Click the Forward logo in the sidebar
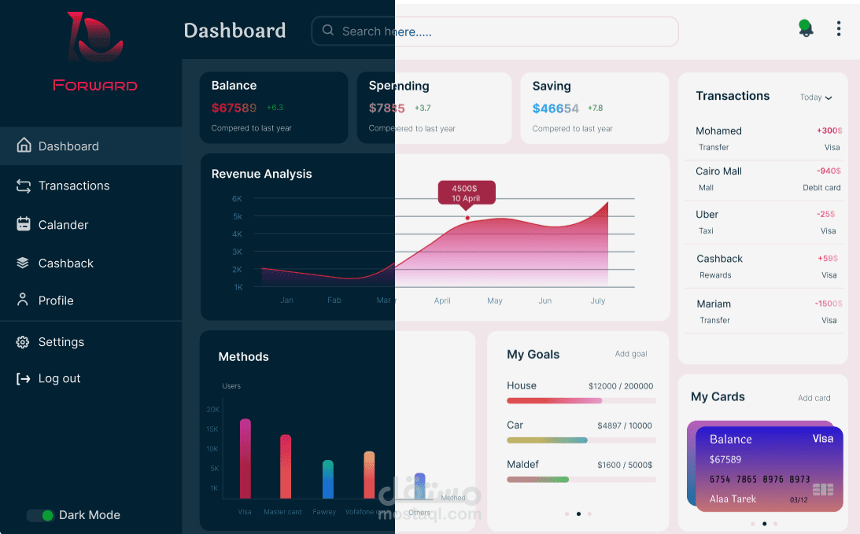point(95,51)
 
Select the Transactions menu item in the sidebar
point(73,186)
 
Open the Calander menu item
point(63,225)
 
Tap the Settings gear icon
point(23,342)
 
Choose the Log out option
point(59,378)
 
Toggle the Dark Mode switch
point(41,515)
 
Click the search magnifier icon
point(328,31)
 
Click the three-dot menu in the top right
point(839,29)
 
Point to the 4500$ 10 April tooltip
point(467,193)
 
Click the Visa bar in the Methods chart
point(245,459)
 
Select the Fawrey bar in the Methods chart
point(328,479)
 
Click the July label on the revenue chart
point(598,300)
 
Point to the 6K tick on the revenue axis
point(237,199)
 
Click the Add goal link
point(631,354)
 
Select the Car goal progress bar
point(581,440)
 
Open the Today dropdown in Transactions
point(816,98)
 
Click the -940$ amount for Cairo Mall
point(828,171)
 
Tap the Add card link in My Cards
point(814,398)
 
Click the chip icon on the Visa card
point(823,490)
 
